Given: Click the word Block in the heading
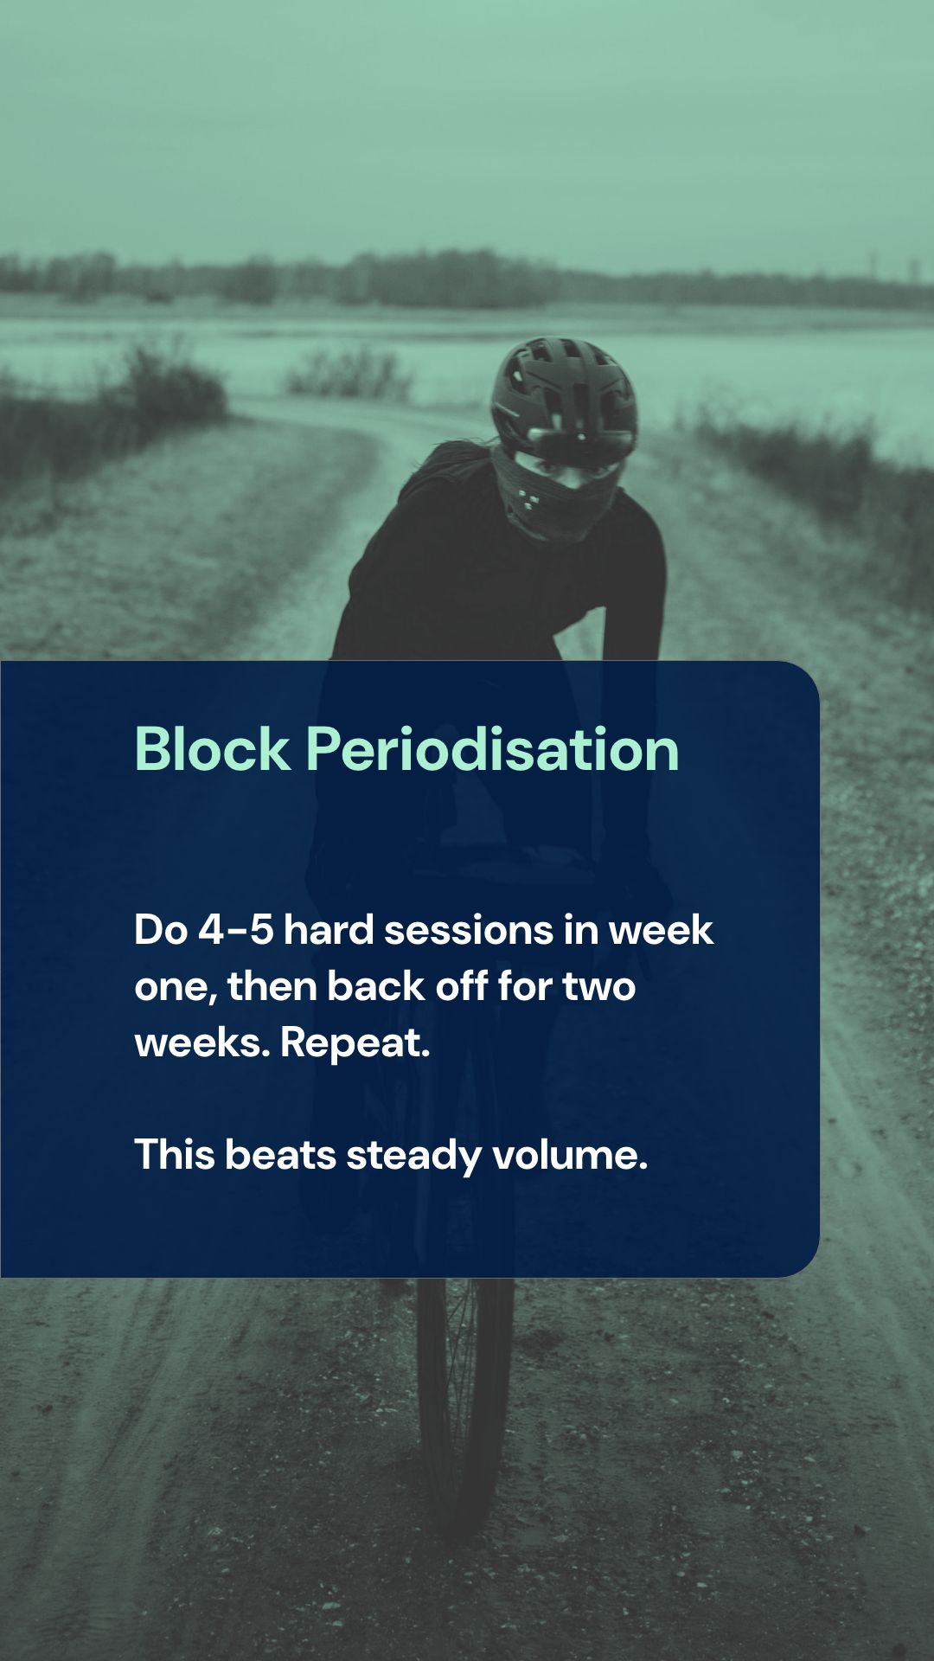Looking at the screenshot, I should coord(212,749).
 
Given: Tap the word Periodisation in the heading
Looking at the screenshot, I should coord(492,749).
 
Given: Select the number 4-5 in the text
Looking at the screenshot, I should coord(236,931).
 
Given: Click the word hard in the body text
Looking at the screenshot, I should coord(329,931).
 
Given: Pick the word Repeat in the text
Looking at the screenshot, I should coord(355,1043).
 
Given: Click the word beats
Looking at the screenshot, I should coord(280,1156).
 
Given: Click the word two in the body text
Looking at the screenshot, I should coord(598,987).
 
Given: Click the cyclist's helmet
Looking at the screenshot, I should coord(563,389).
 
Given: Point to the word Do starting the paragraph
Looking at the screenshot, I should coord(161,931).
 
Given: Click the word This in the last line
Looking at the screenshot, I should coord(174,1156).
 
